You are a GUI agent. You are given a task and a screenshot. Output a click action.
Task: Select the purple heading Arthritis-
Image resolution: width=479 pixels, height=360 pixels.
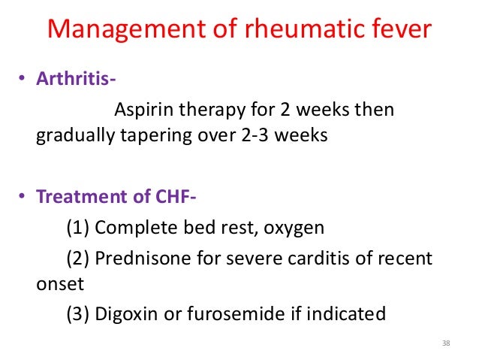click(x=77, y=80)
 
